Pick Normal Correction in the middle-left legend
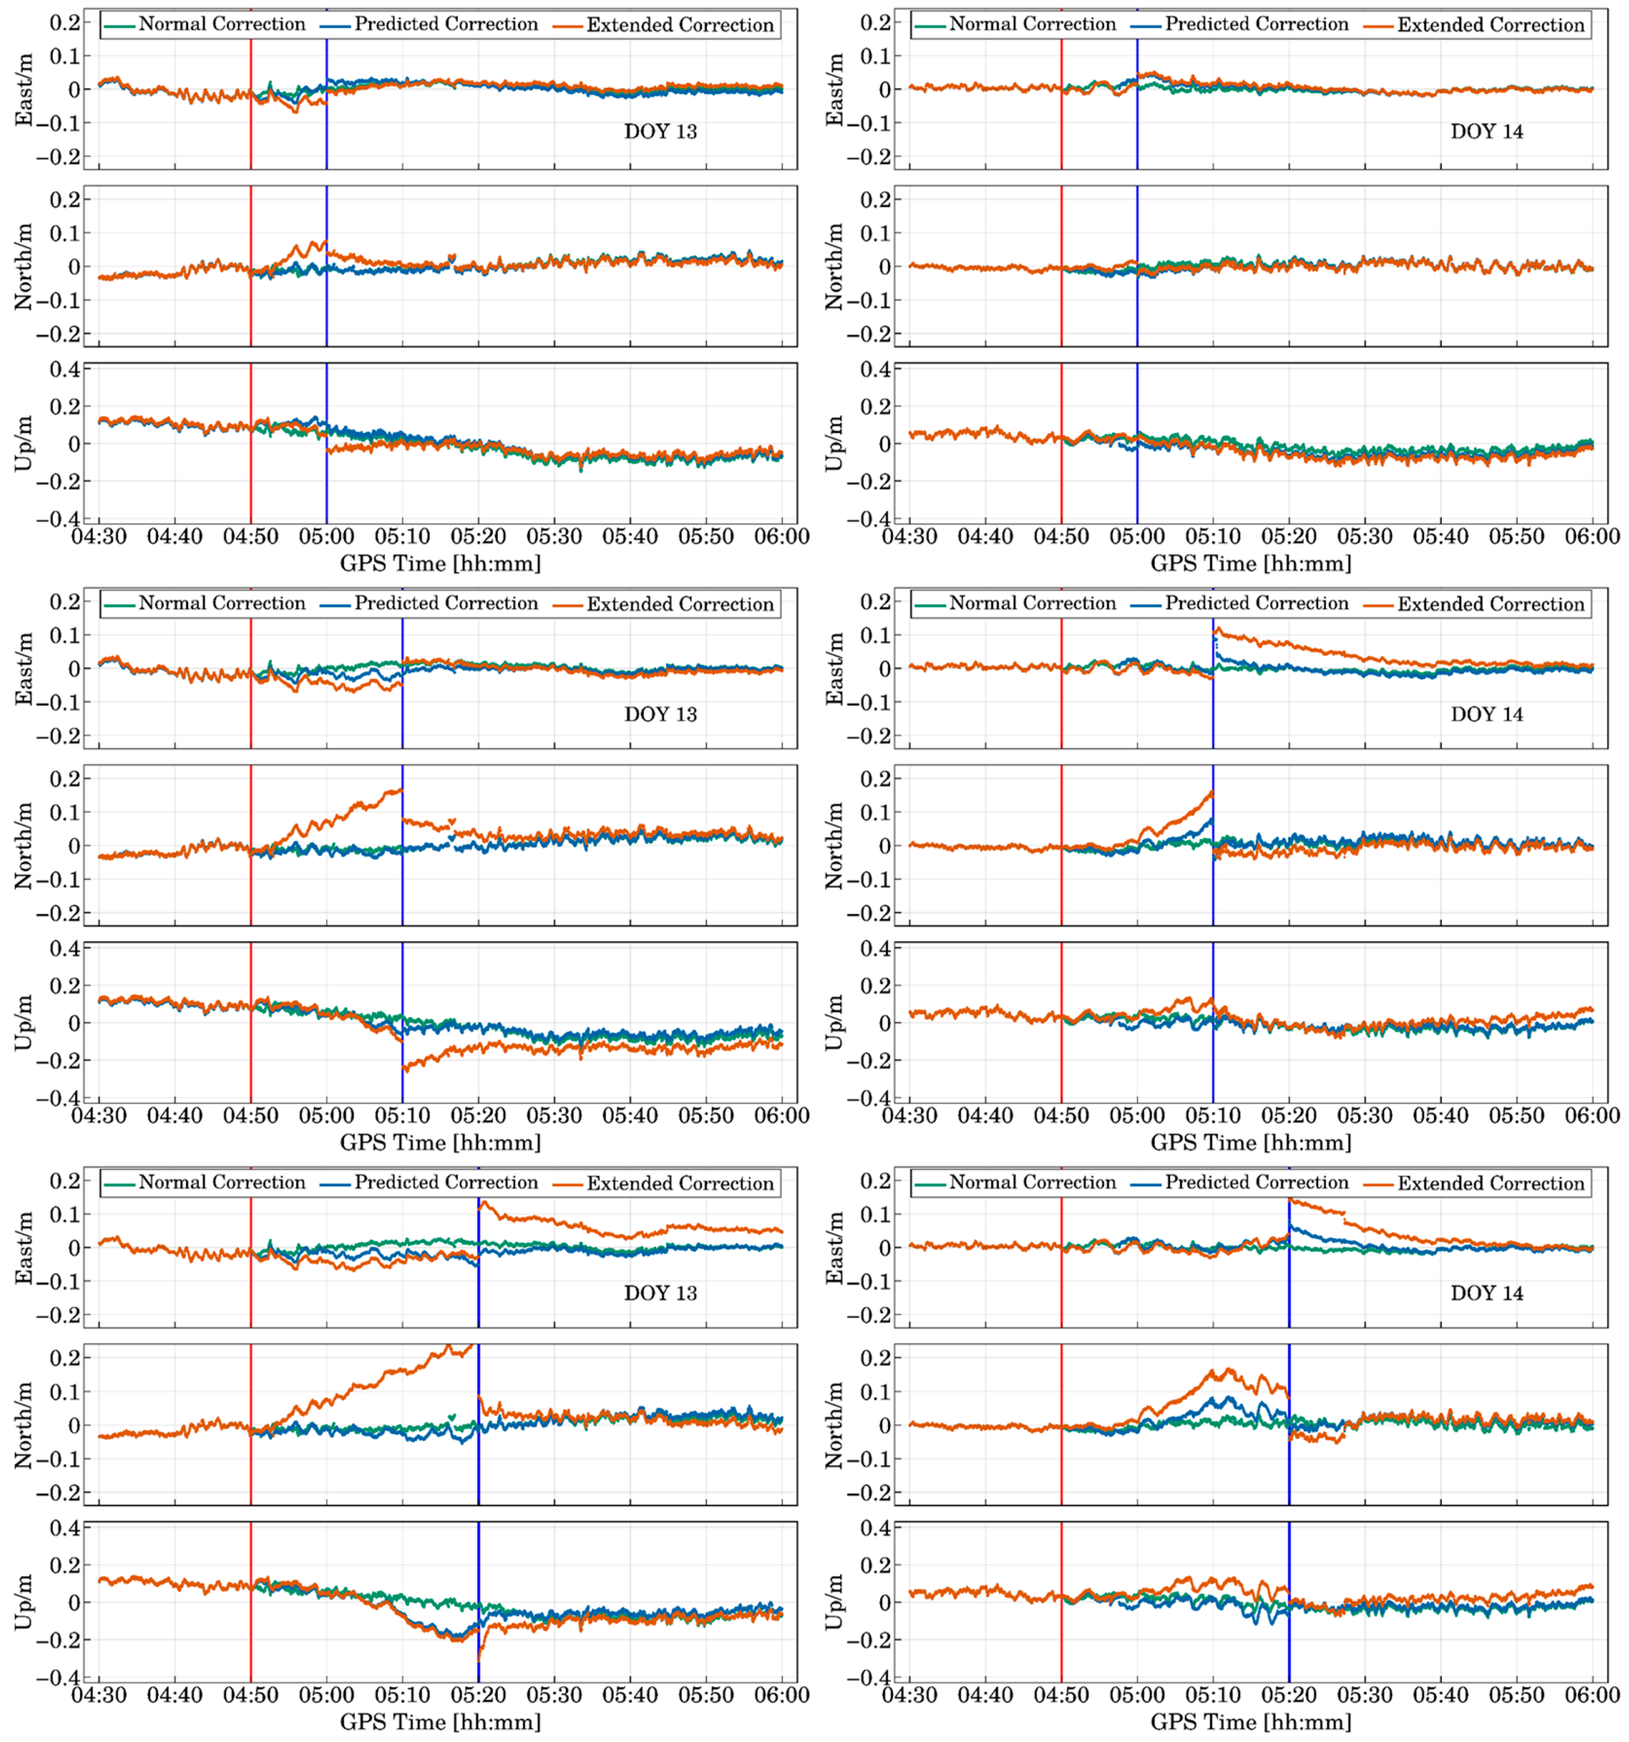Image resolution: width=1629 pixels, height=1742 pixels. [222, 604]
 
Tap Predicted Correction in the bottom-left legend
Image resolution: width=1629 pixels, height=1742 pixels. [446, 1183]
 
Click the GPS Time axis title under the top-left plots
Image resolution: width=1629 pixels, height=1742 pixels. [440, 563]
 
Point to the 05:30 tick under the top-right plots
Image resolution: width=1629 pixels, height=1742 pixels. [1364, 536]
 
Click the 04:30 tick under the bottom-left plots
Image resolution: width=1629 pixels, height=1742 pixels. [99, 1695]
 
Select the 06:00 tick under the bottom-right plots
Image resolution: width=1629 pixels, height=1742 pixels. [1592, 1695]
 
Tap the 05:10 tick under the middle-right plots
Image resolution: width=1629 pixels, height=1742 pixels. [1213, 1116]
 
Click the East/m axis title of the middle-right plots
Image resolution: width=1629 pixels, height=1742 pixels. [835, 669]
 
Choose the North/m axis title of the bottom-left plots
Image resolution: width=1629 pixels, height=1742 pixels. [24, 1425]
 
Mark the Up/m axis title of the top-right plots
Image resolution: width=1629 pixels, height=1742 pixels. [835, 443]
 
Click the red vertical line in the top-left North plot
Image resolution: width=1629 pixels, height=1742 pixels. [251, 265]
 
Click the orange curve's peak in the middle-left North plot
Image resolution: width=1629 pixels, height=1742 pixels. [399, 789]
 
